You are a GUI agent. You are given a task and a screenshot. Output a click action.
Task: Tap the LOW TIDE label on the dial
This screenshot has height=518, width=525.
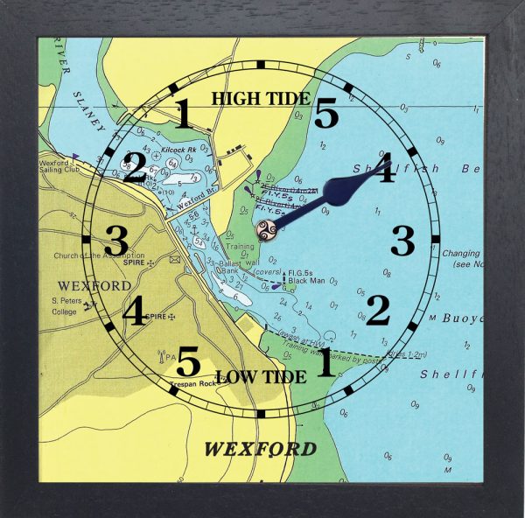[x=260, y=377]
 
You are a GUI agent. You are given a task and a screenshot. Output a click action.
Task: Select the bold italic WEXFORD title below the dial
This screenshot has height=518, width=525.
[x=261, y=450]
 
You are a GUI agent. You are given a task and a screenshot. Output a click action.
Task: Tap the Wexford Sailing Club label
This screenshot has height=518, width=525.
[x=66, y=167]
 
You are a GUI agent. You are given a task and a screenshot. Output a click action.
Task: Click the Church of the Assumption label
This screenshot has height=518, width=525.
[x=101, y=255]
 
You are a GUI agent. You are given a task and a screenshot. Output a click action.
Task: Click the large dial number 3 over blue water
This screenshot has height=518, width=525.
[x=402, y=240]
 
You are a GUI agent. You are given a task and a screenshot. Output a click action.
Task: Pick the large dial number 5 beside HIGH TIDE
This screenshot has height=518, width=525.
[x=325, y=114]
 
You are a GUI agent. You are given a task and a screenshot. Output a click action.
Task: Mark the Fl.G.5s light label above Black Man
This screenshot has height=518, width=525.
[x=303, y=272]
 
